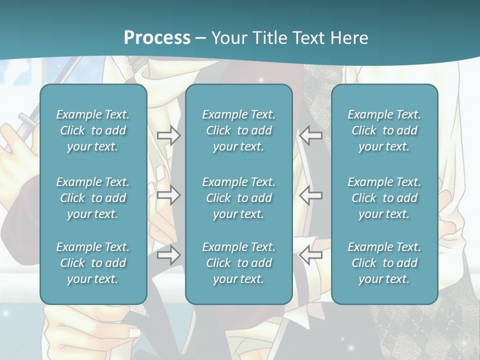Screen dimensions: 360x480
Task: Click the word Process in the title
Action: coord(157,38)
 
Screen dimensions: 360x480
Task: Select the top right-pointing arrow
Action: coord(169,135)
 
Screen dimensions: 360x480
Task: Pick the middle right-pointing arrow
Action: coord(169,195)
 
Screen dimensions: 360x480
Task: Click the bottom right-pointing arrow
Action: coord(169,255)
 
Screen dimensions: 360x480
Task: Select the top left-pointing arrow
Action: coord(311,135)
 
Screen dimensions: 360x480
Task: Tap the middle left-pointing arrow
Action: coord(311,195)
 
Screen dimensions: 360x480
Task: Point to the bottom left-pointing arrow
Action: coord(311,255)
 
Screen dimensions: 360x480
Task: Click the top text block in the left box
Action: coord(93,130)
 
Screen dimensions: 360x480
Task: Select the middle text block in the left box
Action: coord(93,198)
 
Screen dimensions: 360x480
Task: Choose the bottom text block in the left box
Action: coord(93,263)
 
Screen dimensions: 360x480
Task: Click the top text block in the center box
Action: coord(239,130)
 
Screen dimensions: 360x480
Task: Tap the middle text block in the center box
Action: coord(239,198)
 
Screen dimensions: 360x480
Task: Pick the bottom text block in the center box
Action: coord(239,263)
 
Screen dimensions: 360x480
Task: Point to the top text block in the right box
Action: coord(384,130)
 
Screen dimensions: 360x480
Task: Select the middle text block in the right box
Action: coord(384,198)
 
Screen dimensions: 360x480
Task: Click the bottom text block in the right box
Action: coord(384,263)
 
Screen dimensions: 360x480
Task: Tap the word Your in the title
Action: coord(228,38)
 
